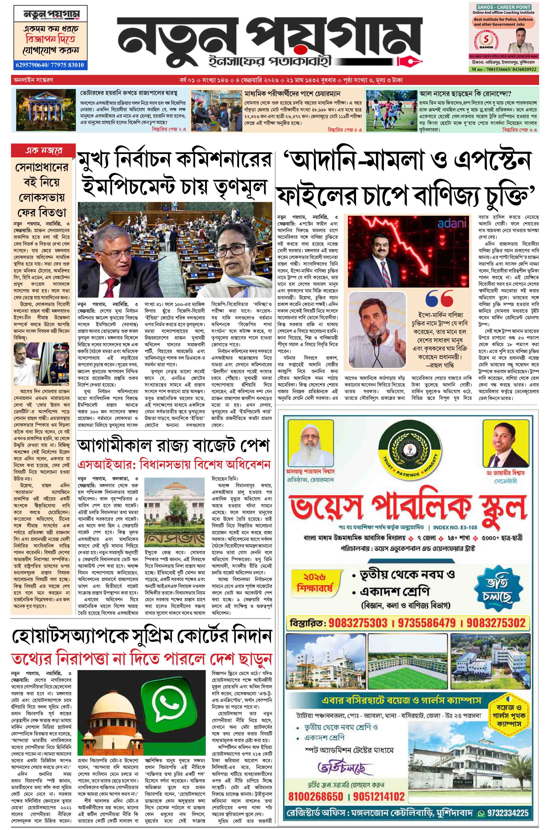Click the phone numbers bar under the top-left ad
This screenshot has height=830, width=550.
50,65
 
